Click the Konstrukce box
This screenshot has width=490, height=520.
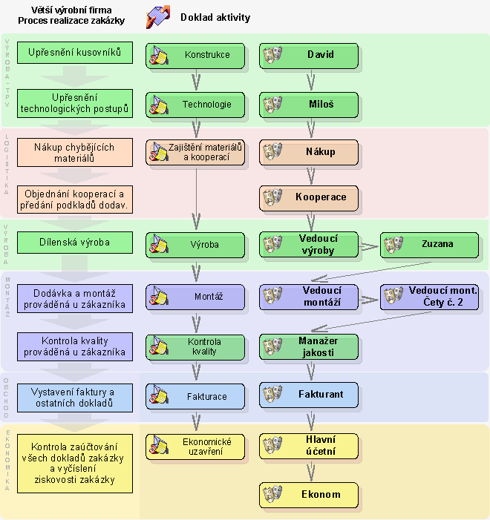[x=195, y=55]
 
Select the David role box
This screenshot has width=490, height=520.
[x=309, y=55]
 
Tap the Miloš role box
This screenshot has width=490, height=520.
[x=309, y=105]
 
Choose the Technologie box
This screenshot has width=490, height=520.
[x=195, y=105]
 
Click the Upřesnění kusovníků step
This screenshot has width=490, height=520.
[x=75, y=54]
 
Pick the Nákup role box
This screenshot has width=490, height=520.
[x=309, y=152]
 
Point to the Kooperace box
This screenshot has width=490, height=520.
[x=309, y=198]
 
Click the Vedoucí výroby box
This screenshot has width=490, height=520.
[x=309, y=245]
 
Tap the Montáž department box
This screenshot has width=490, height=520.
[x=195, y=297]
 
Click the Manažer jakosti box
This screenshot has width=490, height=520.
[x=309, y=346]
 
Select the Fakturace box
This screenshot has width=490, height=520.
[x=195, y=396]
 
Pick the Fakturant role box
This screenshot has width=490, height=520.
[x=309, y=395]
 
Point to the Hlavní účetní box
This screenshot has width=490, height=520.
[x=309, y=445]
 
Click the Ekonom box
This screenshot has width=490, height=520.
[x=309, y=495]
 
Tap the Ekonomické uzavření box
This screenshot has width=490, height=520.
[x=195, y=446]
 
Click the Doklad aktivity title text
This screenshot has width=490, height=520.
[x=215, y=17]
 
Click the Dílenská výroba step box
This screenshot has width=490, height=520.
[x=75, y=243]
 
